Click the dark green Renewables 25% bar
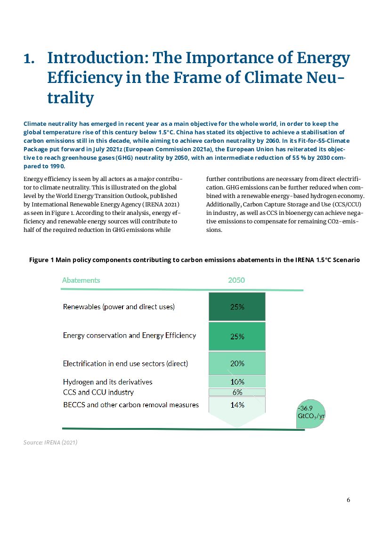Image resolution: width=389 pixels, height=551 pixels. coord(237,306)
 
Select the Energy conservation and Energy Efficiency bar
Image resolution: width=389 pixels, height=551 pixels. coord(237,336)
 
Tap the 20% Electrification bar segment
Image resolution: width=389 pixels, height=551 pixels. coord(237,363)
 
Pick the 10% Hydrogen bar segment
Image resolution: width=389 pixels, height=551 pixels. coord(237,381)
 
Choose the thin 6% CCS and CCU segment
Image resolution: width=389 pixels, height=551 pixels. coord(237,392)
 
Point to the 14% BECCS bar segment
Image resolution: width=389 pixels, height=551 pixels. coord(237,405)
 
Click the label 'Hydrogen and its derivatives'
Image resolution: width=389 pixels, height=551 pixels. coord(107,382)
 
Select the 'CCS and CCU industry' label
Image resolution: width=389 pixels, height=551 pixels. coord(98,392)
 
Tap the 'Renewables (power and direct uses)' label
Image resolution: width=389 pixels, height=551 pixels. coord(119,307)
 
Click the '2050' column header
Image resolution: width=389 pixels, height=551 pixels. coord(236,280)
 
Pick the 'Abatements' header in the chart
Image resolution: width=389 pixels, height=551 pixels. coord(81,280)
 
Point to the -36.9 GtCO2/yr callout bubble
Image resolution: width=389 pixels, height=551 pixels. coord(310,413)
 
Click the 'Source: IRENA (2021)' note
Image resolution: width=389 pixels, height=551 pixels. coord(50,443)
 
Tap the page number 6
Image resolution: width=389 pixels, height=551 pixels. coord(348,500)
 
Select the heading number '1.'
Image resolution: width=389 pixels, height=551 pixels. coord(29,59)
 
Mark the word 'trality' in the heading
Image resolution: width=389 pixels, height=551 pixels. coord(71,98)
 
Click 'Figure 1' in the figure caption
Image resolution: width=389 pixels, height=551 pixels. coord(41,260)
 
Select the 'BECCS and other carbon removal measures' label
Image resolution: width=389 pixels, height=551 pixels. coord(131,405)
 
